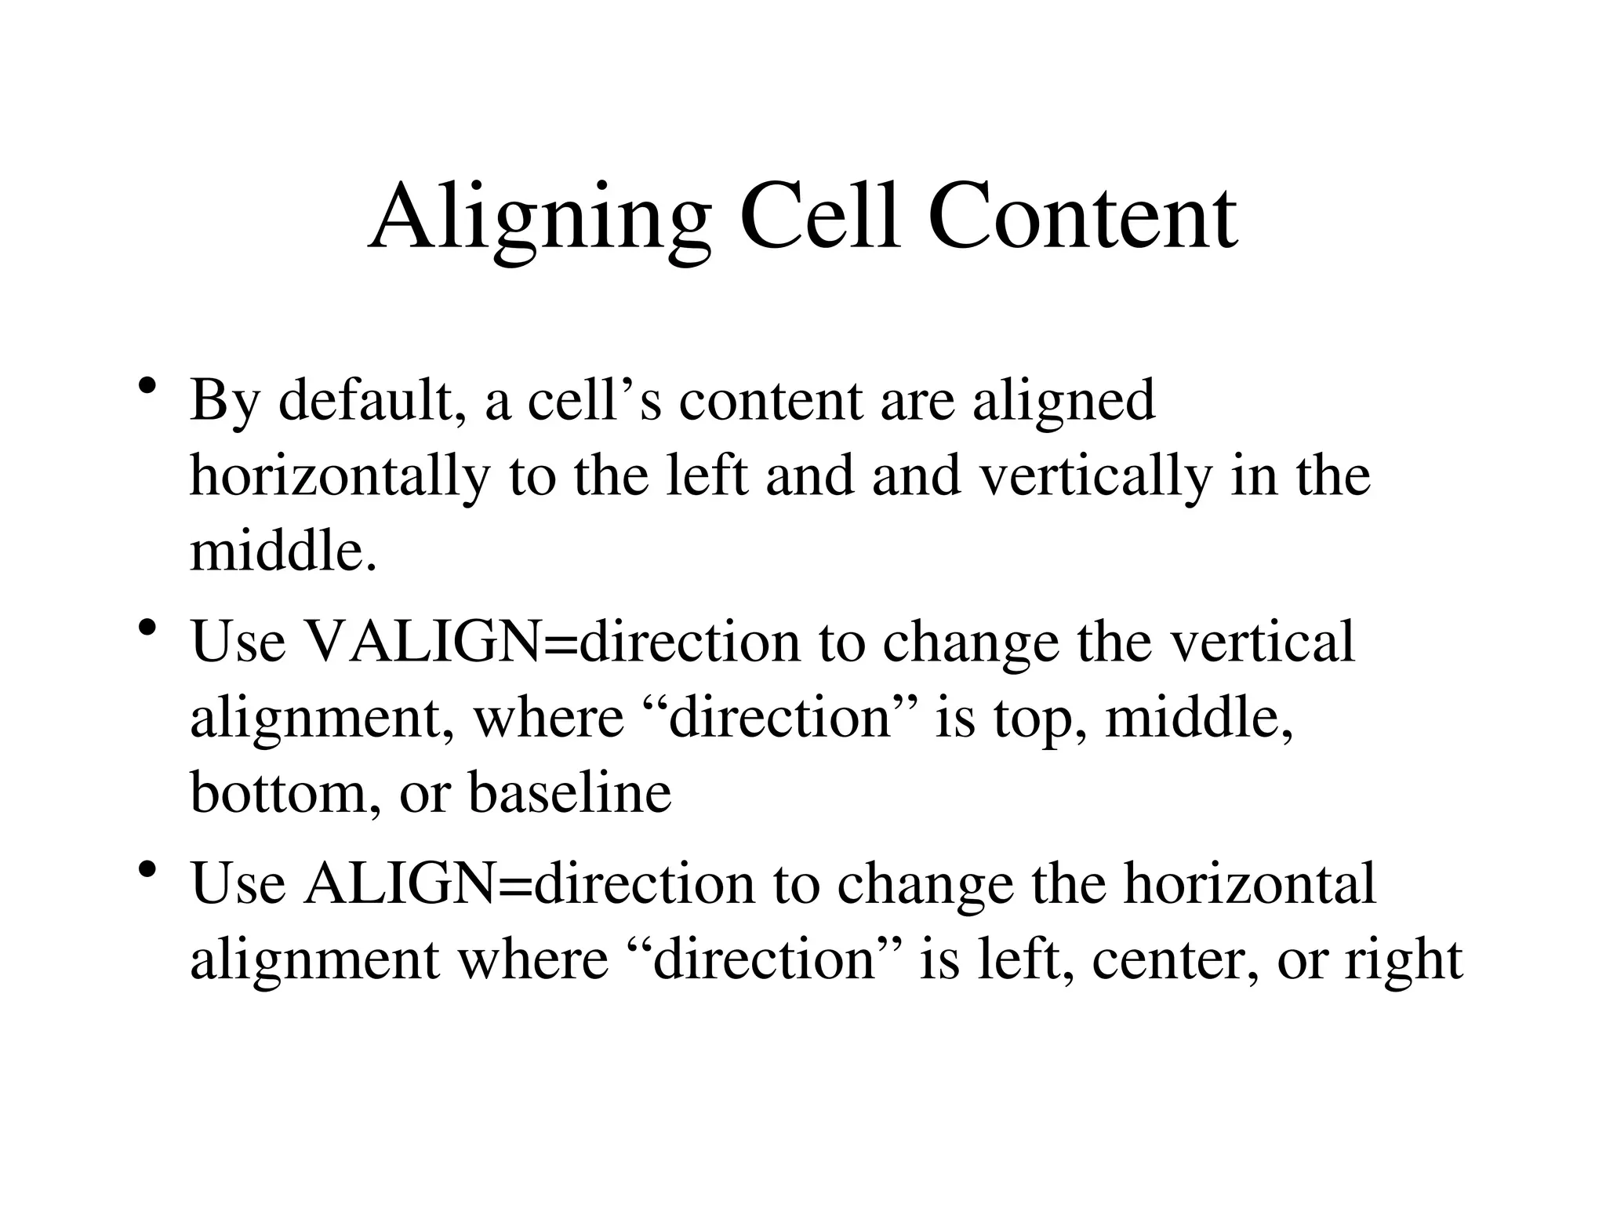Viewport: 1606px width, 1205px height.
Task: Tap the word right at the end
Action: point(1403,960)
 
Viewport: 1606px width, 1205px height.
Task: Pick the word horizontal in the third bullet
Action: point(1250,883)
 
